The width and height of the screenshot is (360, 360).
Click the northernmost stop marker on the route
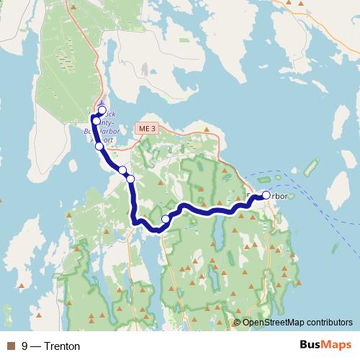(x=102, y=110)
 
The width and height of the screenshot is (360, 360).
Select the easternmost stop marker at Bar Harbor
(x=266, y=195)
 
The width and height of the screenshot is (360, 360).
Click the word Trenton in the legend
(x=62, y=346)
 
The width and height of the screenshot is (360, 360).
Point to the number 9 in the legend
(x=25, y=346)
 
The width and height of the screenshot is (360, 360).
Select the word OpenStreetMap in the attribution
(x=273, y=323)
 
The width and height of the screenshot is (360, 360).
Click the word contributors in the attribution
(x=329, y=323)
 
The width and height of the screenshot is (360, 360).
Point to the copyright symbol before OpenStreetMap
(x=238, y=323)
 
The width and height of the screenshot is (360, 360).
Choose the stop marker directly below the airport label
(x=99, y=146)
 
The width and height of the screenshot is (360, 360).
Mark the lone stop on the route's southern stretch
(x=166, y=219)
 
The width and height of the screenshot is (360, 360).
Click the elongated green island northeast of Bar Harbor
(x=311, y=169)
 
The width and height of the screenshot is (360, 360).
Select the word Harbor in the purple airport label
(x=112, y=132)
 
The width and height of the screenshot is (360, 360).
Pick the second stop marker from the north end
(x=96, y=120)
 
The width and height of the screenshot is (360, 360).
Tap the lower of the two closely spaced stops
(x=130, y=179)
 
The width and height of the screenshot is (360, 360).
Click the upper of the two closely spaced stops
(x=122, y=171)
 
